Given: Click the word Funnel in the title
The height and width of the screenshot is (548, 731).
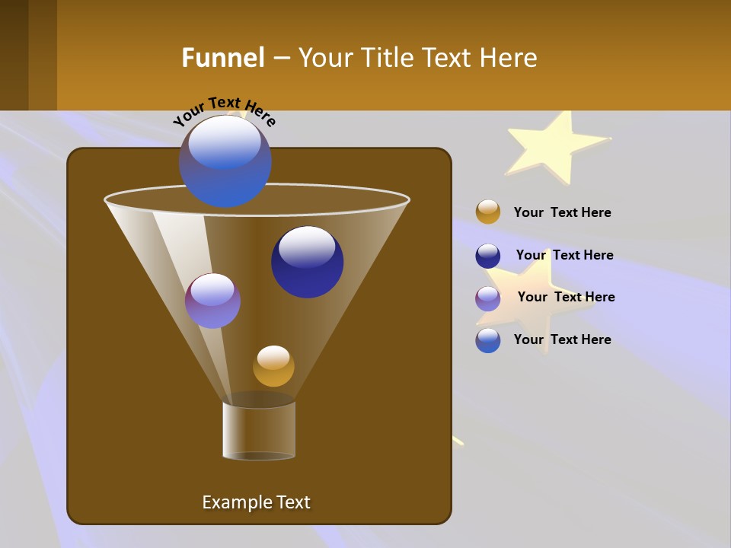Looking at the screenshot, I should pyautogui.click(x=223, y=58).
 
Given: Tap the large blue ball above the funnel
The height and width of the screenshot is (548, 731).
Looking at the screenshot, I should pyautogui.click(x=225, y=161).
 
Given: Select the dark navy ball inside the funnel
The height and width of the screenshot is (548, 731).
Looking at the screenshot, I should pyautogui.click(x=307, y=263).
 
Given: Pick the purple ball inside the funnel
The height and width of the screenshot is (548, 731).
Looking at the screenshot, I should pyautogui.click(x=212, y=301).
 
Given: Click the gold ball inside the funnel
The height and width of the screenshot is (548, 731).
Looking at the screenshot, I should pyautogui.click(x=273, y=367).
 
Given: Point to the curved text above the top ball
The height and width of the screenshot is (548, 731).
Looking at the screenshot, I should pyautogui.click(x=225, y=111).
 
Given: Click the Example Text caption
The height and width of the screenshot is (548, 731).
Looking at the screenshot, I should pyautogui.click(x=256, y=502).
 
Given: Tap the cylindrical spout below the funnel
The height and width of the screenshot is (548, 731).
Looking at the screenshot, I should pyautogui.click(x=259, y=430).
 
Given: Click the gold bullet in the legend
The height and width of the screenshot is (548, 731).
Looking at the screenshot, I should pyautogui.click(x=488, y=212).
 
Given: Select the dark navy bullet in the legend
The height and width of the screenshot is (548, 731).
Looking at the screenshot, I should pyautogui.click(x=488, y=256).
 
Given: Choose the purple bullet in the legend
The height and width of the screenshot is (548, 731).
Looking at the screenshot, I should pyautogui.click(x=488, y=298).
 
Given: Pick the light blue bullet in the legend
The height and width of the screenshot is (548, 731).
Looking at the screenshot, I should pyautogui.click(x=488, y=340).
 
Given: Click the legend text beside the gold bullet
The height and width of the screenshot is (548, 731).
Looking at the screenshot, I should pyautogui.click(x=562, y=212).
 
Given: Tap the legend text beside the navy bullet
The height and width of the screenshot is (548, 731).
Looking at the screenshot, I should pyautogui.click(x=564, y=255).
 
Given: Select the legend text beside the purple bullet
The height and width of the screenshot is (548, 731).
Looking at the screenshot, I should pyautogui.click(x=566, y=297).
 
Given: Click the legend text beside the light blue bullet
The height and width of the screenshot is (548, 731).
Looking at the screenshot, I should pyautogui.click(x=562, y=339).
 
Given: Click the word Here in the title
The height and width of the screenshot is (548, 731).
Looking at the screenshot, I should pyautogui.click(x=510, y=58).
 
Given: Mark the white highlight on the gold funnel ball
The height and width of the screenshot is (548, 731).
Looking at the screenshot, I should pyautogui.click(x=273, y=357).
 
